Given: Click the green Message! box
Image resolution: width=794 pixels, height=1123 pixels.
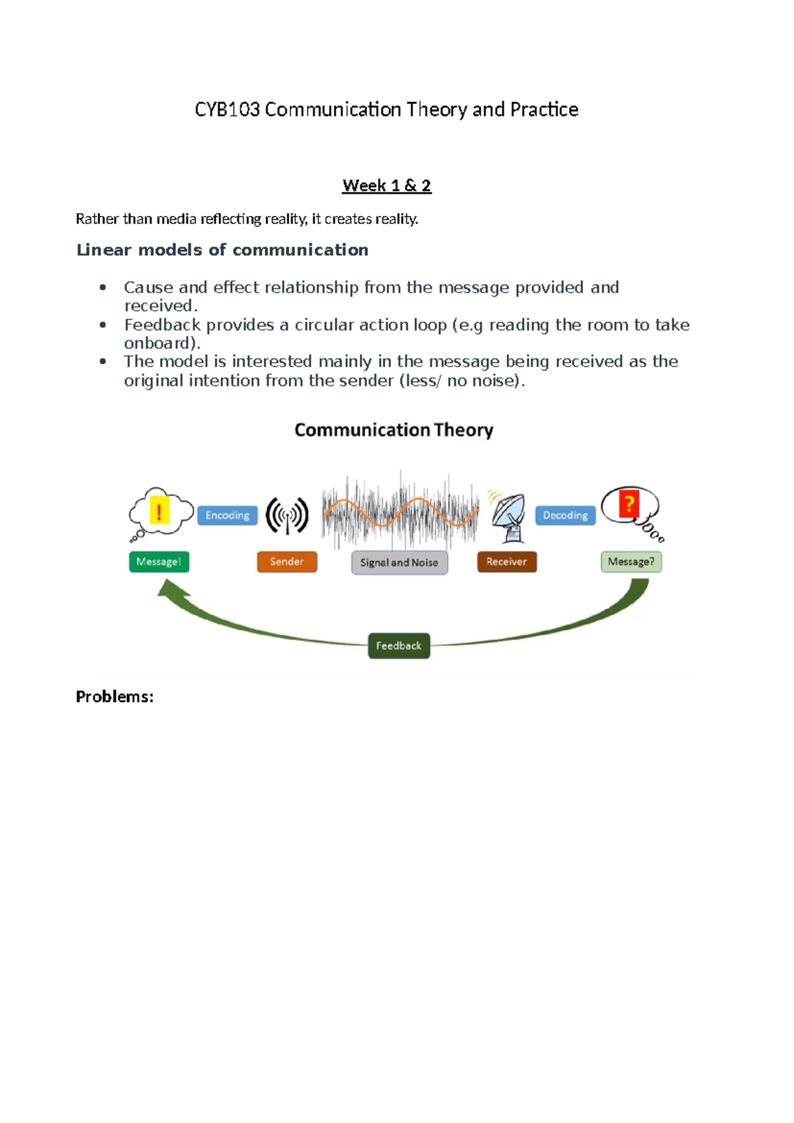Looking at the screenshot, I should point(159,561).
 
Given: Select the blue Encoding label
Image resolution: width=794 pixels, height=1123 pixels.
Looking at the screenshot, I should point(227,515).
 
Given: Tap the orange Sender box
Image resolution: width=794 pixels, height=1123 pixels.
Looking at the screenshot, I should point(287,561).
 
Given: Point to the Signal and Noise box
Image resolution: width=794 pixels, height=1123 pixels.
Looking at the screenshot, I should point(399,563).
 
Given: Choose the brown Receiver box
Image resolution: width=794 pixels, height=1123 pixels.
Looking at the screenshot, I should point(506,561).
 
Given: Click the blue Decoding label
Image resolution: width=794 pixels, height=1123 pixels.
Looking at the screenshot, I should point(565,515).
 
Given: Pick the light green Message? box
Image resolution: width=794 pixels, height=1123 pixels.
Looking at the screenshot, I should point(631,561).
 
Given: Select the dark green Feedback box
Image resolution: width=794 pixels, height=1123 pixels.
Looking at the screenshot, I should point(398,646).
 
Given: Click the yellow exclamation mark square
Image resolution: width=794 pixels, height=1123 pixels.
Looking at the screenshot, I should point(159,511).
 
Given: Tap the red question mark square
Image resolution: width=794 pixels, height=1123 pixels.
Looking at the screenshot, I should point(629,504).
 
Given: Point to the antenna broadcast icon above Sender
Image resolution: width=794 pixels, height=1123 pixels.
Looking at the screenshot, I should point(287,515).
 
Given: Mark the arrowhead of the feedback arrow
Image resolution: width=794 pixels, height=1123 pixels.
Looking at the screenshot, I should point(171,588).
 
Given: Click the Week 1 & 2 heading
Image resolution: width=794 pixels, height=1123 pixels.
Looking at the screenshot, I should point(386,185).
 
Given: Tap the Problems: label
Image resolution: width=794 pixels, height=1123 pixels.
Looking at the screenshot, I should point(114,697).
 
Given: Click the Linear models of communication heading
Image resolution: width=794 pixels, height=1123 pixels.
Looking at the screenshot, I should point(222,250).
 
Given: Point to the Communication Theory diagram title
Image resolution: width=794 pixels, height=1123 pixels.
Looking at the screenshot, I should point(394,430).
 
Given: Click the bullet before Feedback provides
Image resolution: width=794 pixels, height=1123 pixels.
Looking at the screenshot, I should point(103,324).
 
